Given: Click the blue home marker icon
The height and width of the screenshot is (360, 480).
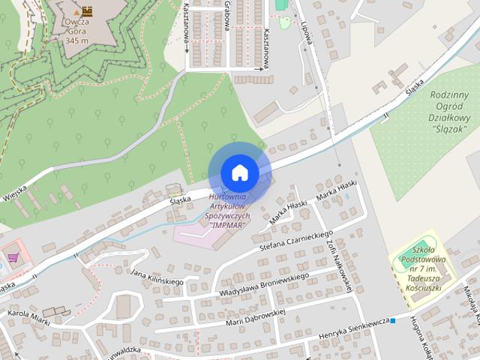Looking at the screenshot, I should click(x=239, y=172).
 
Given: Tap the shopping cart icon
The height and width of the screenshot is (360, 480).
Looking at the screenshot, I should click(x=13, y=257).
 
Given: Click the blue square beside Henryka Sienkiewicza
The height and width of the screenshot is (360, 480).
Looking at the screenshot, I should click(x=392, y=321).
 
